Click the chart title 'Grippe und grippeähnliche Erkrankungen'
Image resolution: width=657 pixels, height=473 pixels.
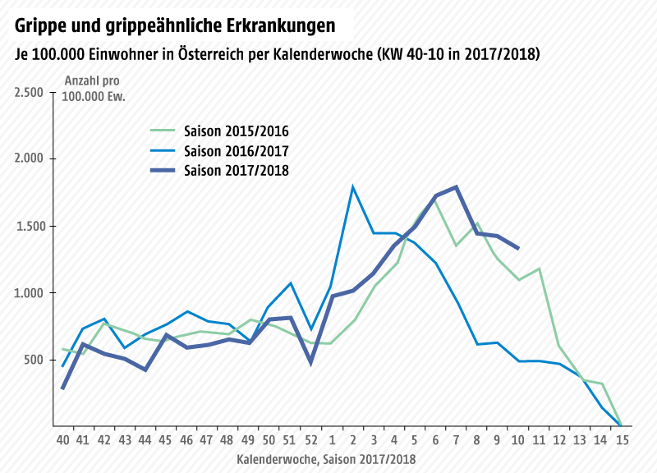pyautogui.click(x=175, y=25)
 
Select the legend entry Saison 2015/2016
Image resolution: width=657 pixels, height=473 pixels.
pyautogui.click(x=236, y=131)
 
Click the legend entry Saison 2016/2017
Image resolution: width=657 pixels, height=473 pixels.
pyautogui.click(x=236, y=151)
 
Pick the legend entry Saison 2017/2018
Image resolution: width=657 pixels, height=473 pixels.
pyautogui.click(x=236, y=171)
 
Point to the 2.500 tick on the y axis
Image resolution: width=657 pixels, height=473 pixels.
pyautogui.click(x=29, y=92)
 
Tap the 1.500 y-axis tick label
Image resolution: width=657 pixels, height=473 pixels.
pyautogui.click(x=29, y=226)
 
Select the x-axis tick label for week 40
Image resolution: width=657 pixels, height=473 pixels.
pyautogui.click(x=62, y=440)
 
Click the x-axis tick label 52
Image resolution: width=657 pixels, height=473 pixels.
pyautogui.click(x=311, y=440)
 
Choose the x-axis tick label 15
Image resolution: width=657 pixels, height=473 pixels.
pyautogui.click(x=623, y=440)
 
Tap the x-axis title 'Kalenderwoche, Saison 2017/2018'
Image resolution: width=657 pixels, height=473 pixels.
pyautogui.click(x=326, y=460)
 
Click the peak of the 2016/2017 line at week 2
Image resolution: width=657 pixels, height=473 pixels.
pyautogui.click(x=352, y=187)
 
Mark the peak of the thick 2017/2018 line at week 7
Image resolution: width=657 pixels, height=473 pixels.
pyautogui.click(x=456, y=187)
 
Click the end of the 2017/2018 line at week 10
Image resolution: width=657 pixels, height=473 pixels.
pyautogui.click(x=518, y=248)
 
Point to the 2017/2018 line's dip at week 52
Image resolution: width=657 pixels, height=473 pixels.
pyautogui.click(x=311, y=362)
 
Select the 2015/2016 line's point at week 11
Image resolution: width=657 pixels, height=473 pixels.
pyautogui.click(x=540, y=269)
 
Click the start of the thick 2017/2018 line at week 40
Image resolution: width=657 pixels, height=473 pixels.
pyautogui.click(x=62, y=388)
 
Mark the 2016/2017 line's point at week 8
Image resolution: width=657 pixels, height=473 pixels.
pyautogui.click(x=477, y=344)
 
